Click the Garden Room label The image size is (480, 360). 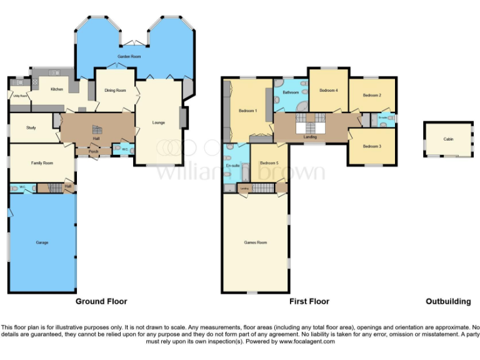coord(127,57)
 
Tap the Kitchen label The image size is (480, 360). coord(57,89)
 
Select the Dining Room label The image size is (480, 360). coord(115,91)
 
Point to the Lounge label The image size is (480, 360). coord(159,122)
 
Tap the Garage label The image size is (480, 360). coord(42,242)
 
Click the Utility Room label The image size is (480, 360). coord(19,96)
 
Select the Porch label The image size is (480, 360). coord(94,151)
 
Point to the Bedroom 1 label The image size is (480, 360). coord(247,111)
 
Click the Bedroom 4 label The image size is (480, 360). coord(328,91)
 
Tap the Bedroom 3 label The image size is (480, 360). coord(371,146)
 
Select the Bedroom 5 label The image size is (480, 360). coord(269,162)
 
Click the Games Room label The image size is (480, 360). coord(256,242)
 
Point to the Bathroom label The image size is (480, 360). coord(291,92)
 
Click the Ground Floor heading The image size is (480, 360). coord(101,301)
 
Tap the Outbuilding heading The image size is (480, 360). coord(448,301)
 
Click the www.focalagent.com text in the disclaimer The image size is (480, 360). coord(307,342)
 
